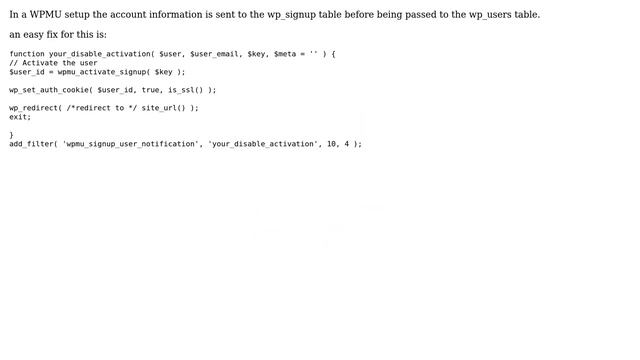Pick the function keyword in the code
click(27, 54)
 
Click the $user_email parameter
click(214, 54)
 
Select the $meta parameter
click(288, 54)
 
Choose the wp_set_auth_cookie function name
click(49, 90)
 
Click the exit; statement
click(20, 117)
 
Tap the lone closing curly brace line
click(12, 135)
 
